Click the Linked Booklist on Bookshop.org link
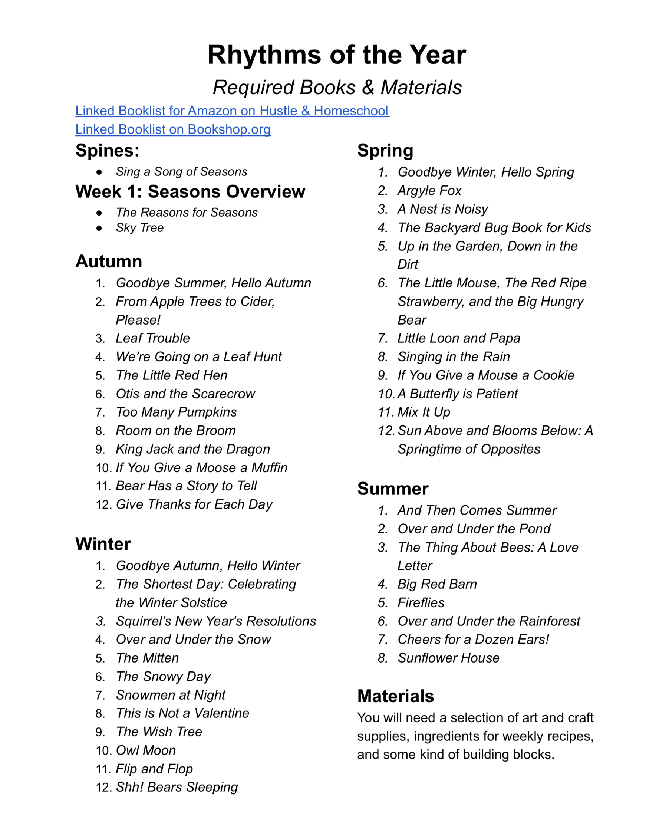[173, 129]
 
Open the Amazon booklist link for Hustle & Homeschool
[232, 111]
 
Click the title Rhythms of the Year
[336, 55]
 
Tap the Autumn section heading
[109, 262]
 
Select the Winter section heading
[103, 544]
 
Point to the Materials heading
[395, 696]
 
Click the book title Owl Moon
[146, 750]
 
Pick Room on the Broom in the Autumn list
[176, 431]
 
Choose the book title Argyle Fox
[429, 190]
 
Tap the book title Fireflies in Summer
[421, 602]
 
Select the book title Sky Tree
[139, 228]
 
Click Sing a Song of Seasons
[181, 171]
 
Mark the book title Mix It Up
[424, 412]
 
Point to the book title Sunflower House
[448, 658]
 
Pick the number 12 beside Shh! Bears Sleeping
[103, 788]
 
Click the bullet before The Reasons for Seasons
[99, 213]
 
